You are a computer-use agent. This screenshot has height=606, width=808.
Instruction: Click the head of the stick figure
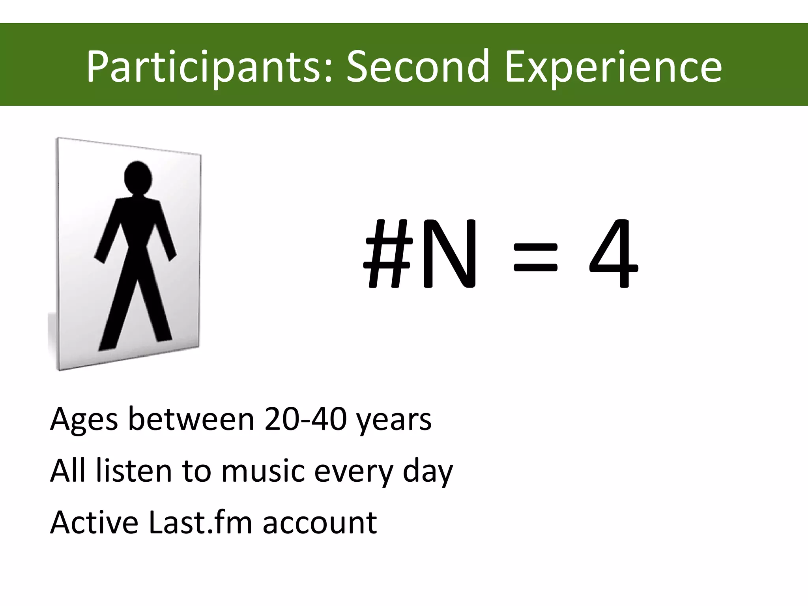click(x=138, y=178)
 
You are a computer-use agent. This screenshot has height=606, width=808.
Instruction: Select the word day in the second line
click(x=428, y=472)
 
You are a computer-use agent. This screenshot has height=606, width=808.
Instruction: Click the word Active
click(x=94, y=522)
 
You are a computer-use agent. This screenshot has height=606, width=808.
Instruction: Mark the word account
click(x=320, y=523)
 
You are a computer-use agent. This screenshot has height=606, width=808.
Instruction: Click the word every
click(x=353, y=472)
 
